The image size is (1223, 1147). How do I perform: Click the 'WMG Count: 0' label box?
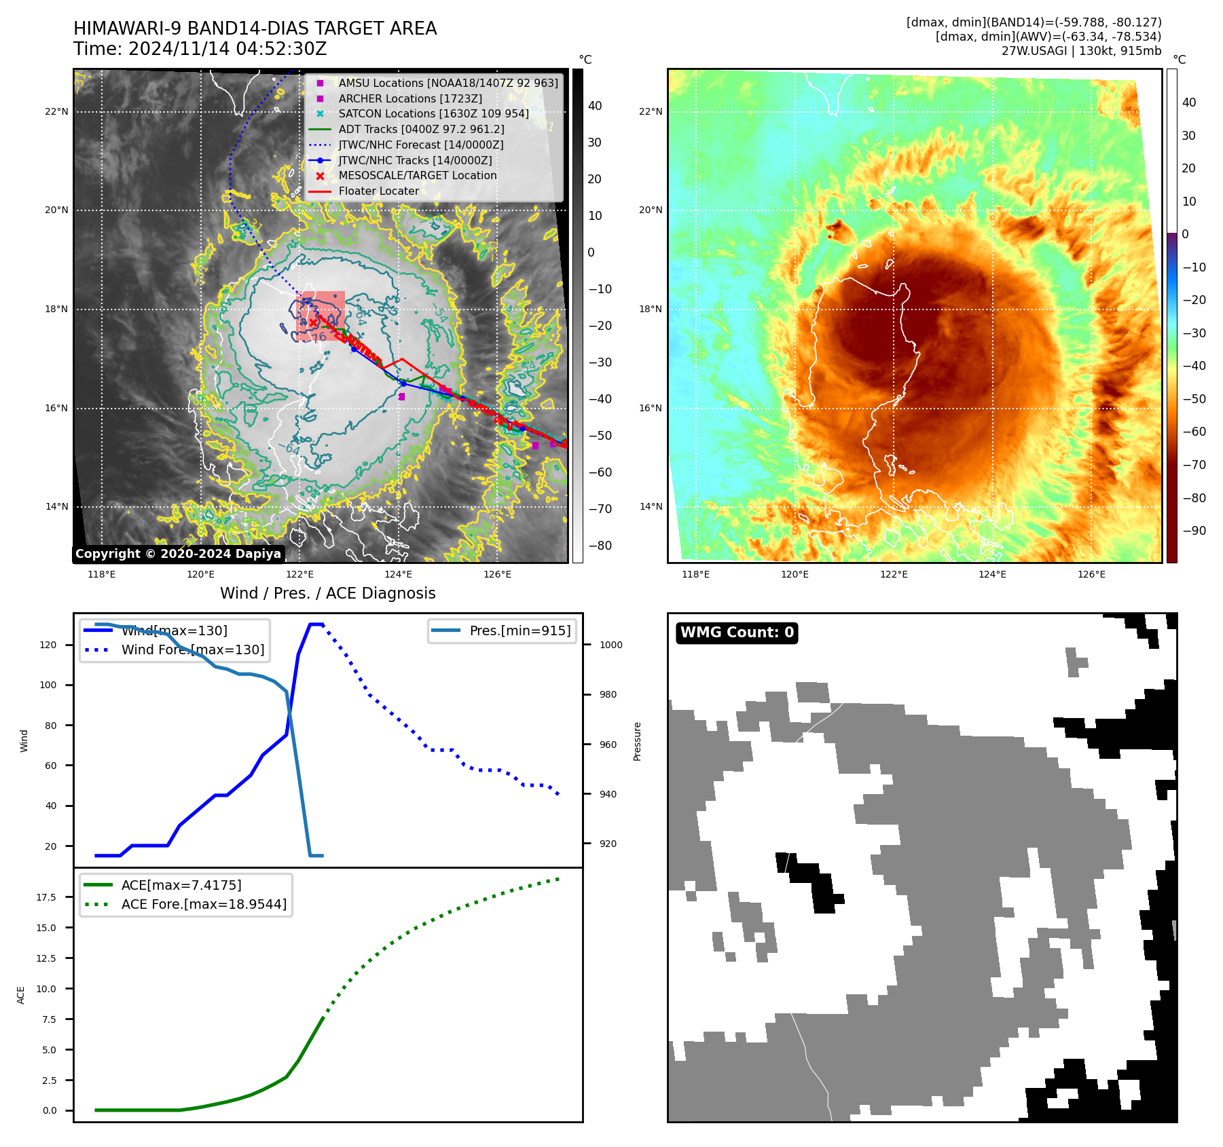pyautogui.click(x=737, y=633)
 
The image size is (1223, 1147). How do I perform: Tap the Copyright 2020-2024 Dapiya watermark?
pyautogui.click(x=178, y=554)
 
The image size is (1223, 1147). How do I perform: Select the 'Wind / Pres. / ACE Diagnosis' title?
pyautogui.click(x=327, y=593)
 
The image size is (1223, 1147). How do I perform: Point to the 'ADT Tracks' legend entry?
pyautogui.click(x=421, y=129)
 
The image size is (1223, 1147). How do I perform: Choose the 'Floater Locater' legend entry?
pyautogui.click(x=378, y=191)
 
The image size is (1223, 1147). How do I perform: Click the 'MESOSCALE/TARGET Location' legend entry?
pyautogui.click(x=418, y=175)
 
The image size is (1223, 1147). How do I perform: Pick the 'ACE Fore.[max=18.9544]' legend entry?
pyautogui.click(x=204, y=904)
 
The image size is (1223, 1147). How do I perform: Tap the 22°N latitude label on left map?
pyautogui.click(x=56, y=111)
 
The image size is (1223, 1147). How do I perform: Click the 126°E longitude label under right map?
pyautogui.click(x=1091, y=574)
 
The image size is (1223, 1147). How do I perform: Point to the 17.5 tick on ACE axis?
pyautogui.click(x=46, y=897)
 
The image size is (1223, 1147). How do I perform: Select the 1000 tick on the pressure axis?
pyautogui.click(x=610, y=645)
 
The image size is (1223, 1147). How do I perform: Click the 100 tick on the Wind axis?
pyautogui.click(x=48, y=685)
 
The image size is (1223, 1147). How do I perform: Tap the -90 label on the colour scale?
pyautogui.click(x=1194, y=531)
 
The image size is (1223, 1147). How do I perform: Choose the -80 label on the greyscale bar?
pyautogui.click(x=600, y=546)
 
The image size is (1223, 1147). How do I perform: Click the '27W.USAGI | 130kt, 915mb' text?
pyautogui.click(x=1081, y=51)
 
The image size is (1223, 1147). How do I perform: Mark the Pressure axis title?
pyautogui.click(x=637, y=741)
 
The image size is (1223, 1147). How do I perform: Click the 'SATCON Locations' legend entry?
pyautogui.click(x=433, y=113)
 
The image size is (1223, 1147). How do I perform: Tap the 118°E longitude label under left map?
pyautogui.click(x=102, y=574)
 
